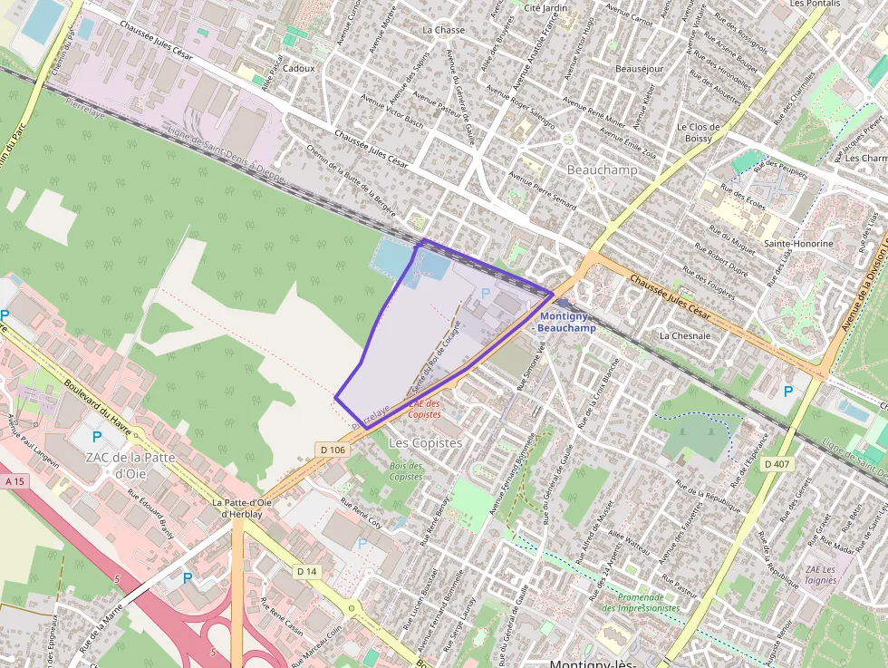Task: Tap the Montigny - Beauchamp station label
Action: coord(567,322)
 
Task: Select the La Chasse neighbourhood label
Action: coord(443,30)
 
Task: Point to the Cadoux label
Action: coord(299,68)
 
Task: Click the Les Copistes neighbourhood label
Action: coord(425,443)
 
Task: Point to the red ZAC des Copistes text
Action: coord(425,409)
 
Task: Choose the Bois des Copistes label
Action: coord(406,471)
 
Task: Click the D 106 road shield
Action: coord(333,450)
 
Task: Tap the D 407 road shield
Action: coord(777,464)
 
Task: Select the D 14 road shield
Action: coord(307,571)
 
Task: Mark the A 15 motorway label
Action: coord(14,481)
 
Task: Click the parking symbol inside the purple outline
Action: coord(485,293)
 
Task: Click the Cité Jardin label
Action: coord(545,8)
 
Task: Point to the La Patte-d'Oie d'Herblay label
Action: coord(242,508)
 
